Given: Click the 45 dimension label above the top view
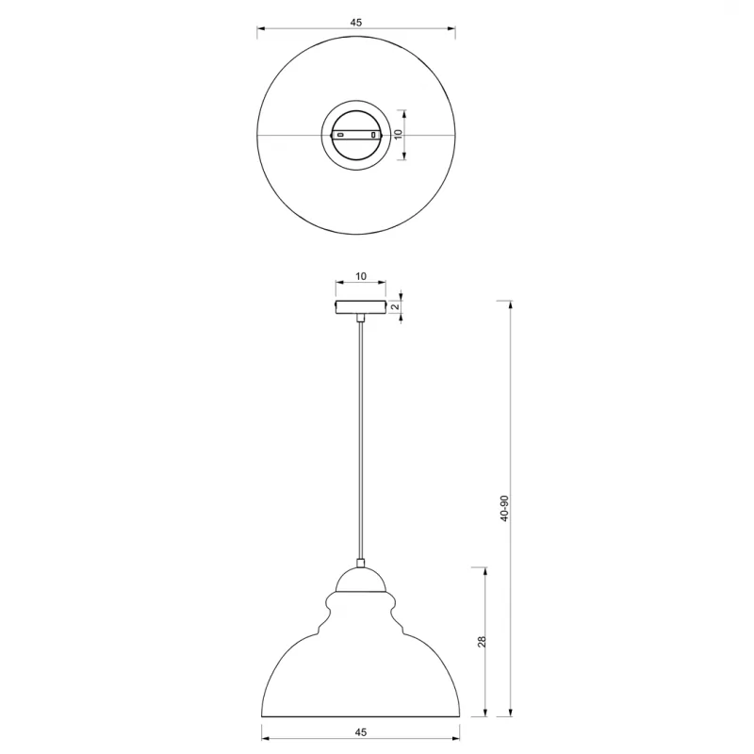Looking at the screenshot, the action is [356, 22].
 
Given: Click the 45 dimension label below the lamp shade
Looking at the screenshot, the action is [361, 732].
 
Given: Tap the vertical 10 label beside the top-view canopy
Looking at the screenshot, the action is [398, 134].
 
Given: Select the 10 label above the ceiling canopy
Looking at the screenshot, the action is [361, 276].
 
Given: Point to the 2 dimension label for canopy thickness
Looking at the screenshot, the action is [396, 306].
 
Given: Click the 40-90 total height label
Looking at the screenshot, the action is [504, 508].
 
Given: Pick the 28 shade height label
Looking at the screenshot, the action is [482, 642].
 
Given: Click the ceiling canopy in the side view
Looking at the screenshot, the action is [361, 307].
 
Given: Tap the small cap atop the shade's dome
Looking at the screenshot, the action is [360, 563].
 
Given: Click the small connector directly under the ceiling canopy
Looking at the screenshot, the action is [361, 318].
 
